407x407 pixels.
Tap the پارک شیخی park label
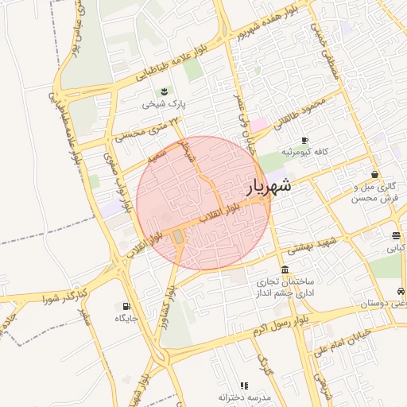coord(164,103)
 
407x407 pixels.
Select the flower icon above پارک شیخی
coord(164,91)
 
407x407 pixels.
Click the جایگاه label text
coord(126,318)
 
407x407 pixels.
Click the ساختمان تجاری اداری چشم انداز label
coord(285,287)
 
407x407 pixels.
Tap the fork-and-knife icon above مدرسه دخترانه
coord(244,386)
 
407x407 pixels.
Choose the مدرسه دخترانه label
coord(245,397)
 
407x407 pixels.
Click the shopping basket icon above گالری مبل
coord(374,174)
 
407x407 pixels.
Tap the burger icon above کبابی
coord(395,235)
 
